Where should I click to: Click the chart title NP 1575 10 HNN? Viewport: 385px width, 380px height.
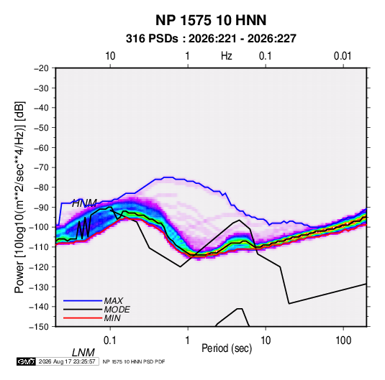coord(211,20)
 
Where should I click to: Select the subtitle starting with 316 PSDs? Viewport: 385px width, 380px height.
coord(211,39)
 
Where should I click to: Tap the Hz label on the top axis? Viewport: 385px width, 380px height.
coord(227,56)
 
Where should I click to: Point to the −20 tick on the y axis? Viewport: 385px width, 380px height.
coord(41,68)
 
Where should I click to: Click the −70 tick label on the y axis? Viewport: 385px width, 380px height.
coord(41,167)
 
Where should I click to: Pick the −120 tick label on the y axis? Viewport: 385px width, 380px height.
coord(40,267)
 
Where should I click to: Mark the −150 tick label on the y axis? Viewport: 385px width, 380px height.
coord(40,327)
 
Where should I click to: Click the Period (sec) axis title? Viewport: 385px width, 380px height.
coord(227,348)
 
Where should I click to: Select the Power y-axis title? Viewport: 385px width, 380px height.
coord(19,197)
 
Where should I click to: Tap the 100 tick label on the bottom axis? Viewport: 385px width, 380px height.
coord(343,340)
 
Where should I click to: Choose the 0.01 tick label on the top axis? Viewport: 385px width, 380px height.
coord(343,56)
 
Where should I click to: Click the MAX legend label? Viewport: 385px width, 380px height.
coord(113,301)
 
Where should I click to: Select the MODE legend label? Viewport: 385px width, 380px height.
coord(117,310)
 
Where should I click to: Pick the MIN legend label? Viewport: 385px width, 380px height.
coord(112,318)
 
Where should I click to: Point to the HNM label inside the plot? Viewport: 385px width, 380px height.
coord(84,203)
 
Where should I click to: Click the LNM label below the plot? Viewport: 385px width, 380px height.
coord(83,353)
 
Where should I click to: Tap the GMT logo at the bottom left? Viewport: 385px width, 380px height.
coord(26,361)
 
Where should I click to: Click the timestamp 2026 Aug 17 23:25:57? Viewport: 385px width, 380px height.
coord(67,361)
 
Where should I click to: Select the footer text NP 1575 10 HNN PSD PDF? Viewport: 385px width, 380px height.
coord(134,361)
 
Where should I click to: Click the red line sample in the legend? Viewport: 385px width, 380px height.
coord(83,318)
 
